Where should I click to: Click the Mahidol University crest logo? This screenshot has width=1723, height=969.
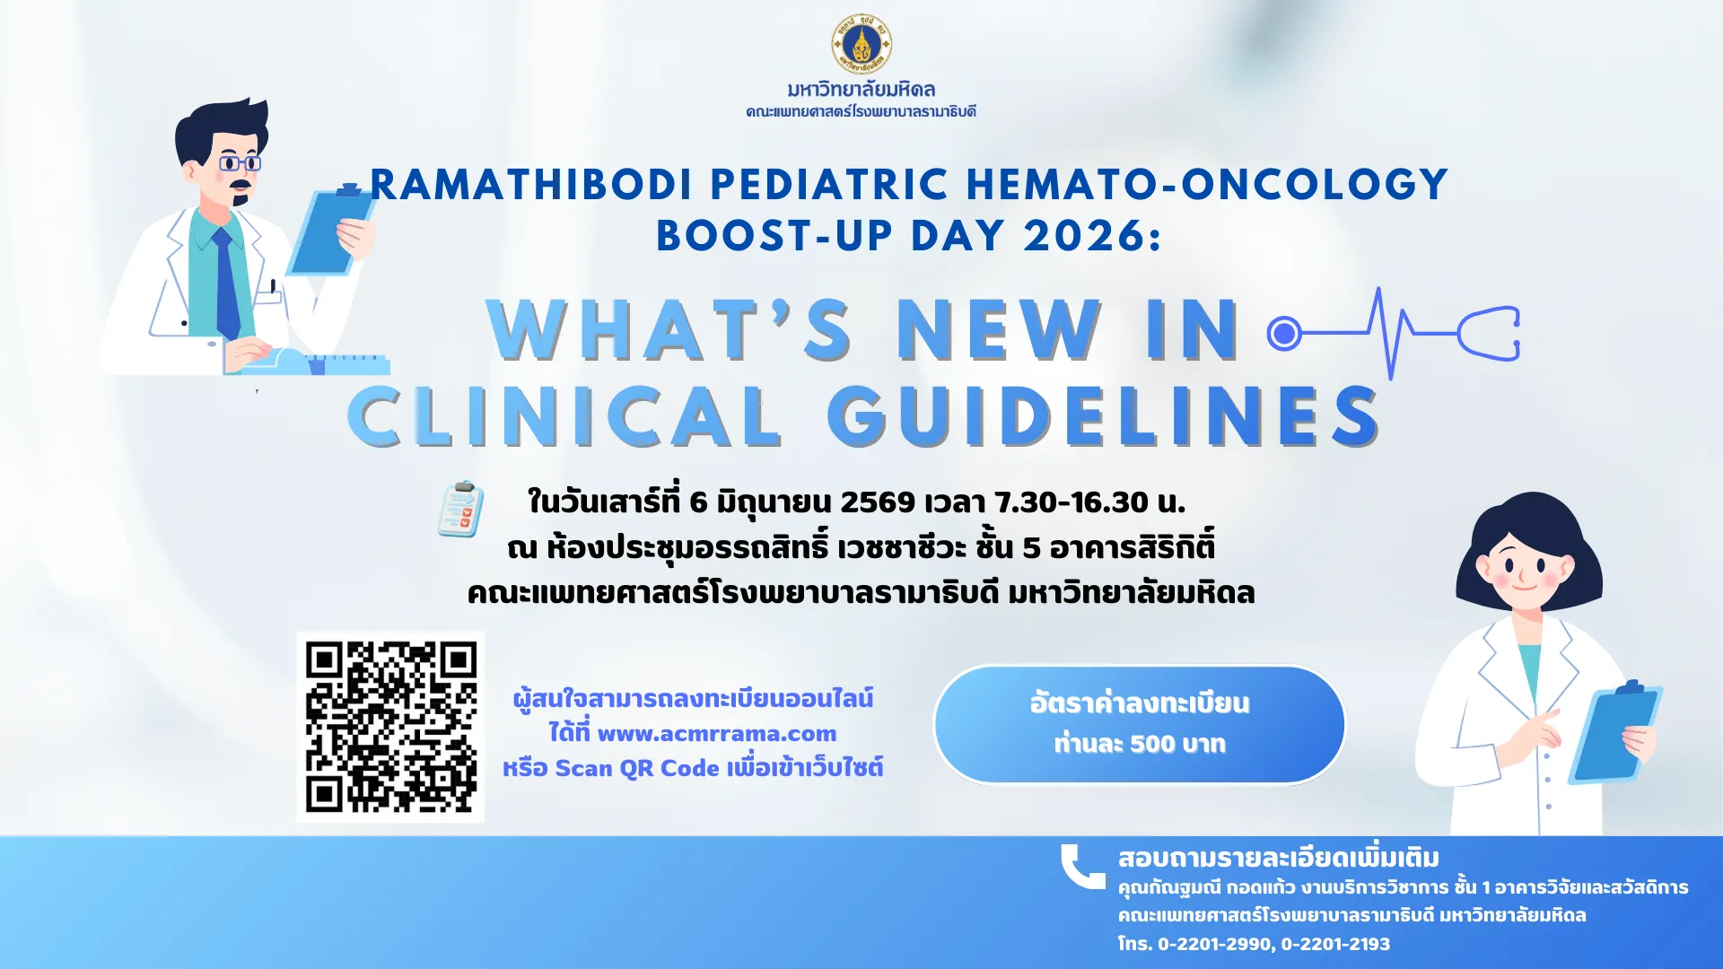click(861, 44)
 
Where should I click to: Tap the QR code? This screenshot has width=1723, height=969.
click(390, 727)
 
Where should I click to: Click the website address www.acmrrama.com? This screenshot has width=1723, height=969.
click(716, 734)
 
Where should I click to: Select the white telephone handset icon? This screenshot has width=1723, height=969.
click(1082, 866)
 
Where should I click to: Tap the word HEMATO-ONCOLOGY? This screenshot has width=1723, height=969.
click(1207, 185)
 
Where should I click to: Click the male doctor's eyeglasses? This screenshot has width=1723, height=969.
click(240, 163)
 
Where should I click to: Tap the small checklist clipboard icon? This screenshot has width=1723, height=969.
click(460, 510)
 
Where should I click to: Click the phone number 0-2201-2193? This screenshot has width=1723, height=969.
click(1335, 944)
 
